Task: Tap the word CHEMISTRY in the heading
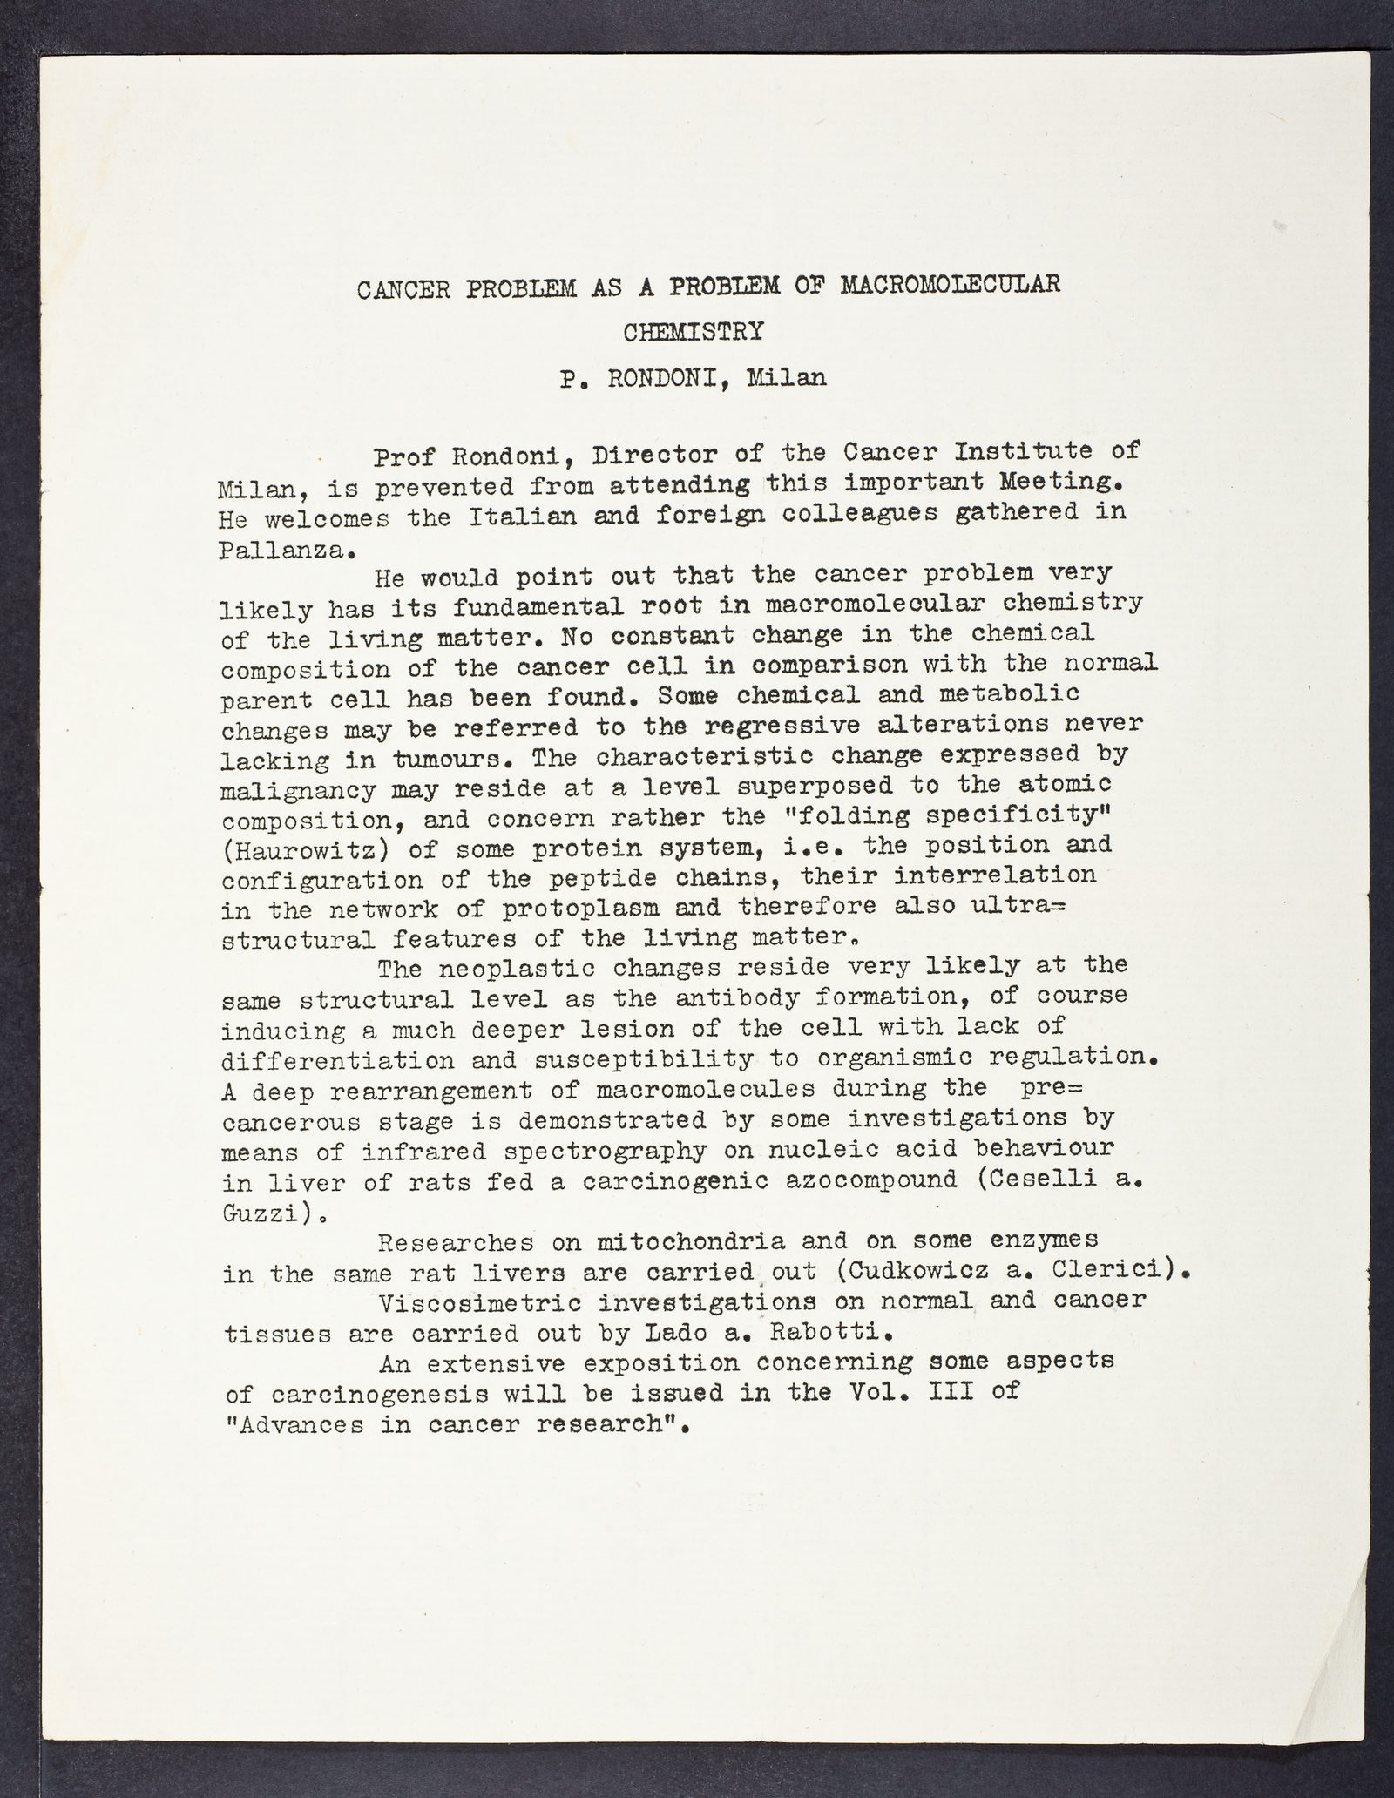click(694, 332)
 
